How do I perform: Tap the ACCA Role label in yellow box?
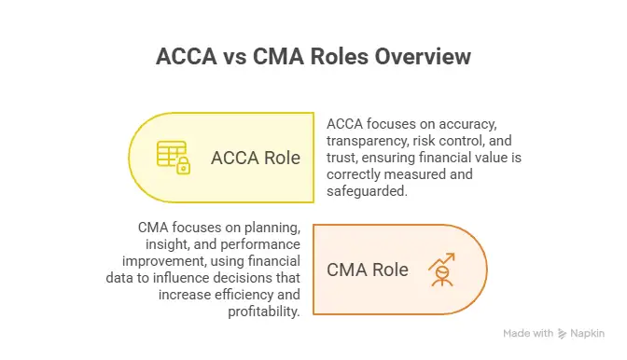(x=256, y=158)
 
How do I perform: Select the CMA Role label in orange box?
(x=368, y=270)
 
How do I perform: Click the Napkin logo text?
(x=588, y=333)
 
